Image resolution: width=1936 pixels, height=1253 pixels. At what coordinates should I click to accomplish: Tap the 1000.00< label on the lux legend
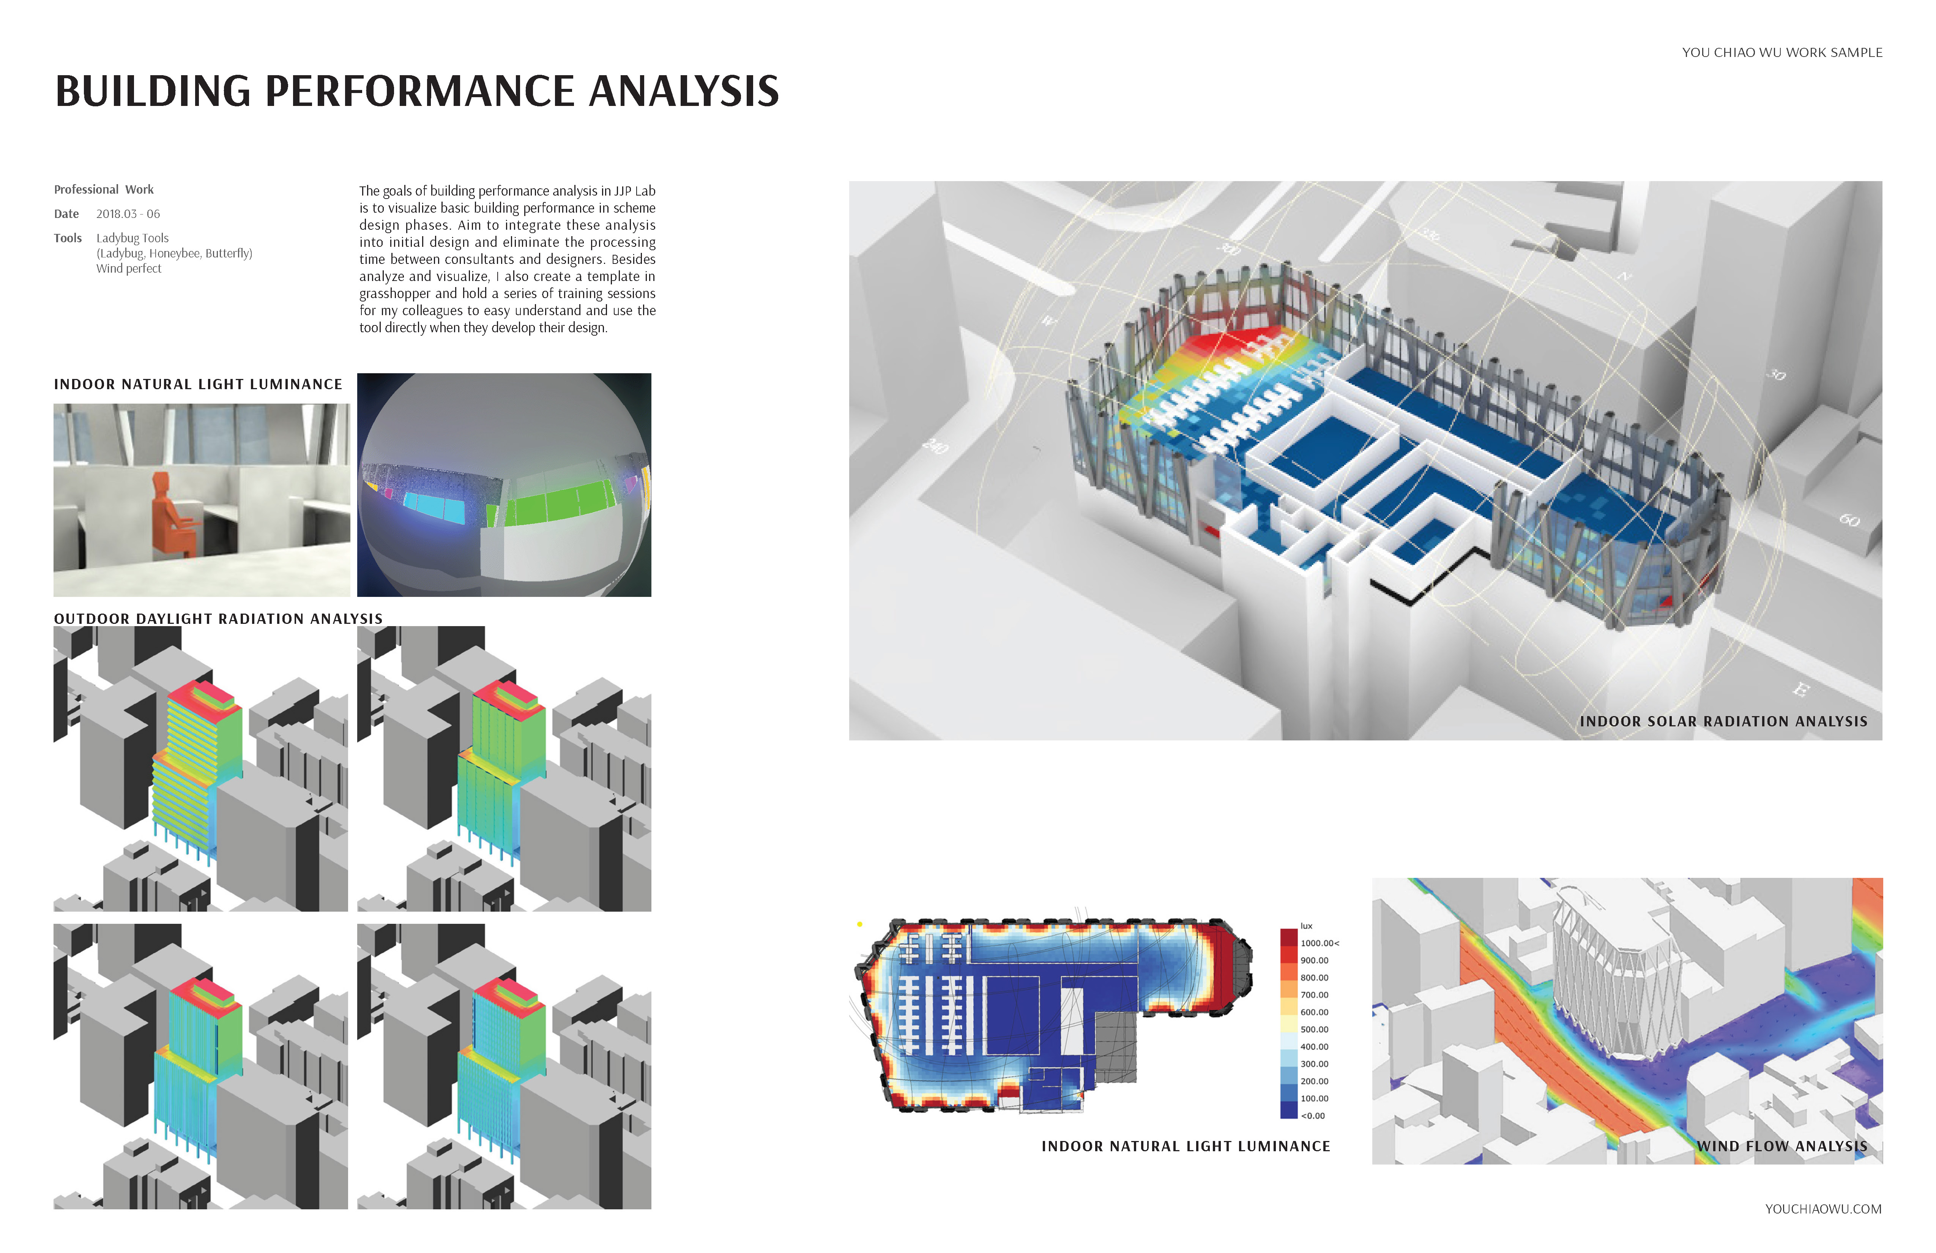[x=1320, y=943]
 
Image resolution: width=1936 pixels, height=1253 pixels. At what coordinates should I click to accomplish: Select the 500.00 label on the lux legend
[x=1315, y=1029]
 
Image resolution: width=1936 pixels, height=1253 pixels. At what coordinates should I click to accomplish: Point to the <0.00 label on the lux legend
[x=1313, y=1116]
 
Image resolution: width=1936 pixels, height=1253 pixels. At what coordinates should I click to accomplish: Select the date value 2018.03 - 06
[x=128, y=214]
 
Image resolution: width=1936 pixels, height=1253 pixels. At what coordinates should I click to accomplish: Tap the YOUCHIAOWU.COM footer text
[x=1823, y=1209]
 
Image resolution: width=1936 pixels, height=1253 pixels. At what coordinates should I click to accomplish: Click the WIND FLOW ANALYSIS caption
[x=1781, y=1146]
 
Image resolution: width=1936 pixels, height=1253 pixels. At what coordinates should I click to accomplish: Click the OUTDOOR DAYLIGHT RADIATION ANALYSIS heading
[x=218, y=619]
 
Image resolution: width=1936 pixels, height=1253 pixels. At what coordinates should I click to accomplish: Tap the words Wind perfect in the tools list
[x=129, y=268]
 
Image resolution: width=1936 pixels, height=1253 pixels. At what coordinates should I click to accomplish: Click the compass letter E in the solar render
[x=1801, y=690]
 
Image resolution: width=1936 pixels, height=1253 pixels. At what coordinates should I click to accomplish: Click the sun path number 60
[x=1849, y=520]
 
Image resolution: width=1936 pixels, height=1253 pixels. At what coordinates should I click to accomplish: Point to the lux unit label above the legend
[x=1306, y=926]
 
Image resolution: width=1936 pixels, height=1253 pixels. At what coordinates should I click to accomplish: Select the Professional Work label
[x=103, y=189]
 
